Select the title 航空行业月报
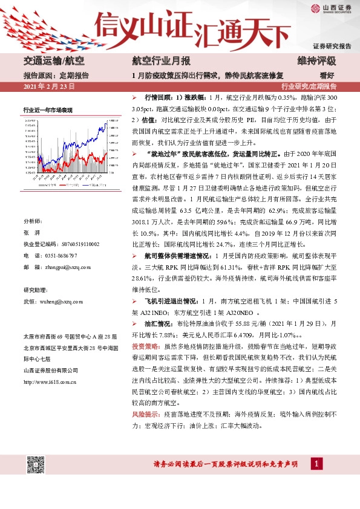click(162, 62)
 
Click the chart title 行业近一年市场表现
click(48, 110)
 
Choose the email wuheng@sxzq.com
click(63, 300)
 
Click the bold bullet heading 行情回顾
click(158, 97)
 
